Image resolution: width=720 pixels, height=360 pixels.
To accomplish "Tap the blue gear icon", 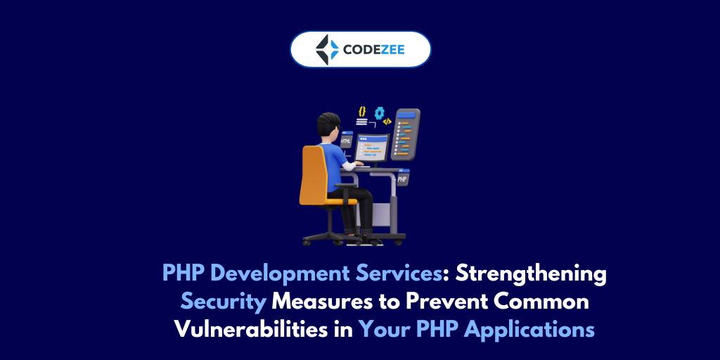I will (380, 112).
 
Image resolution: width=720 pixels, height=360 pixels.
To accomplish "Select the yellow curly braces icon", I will (362, 112).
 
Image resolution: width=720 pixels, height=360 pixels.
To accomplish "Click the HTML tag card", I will (346, 141).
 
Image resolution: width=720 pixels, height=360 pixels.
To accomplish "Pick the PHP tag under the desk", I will (402, 179).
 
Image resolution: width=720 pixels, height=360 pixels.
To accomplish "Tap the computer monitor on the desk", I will (371, 148).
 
